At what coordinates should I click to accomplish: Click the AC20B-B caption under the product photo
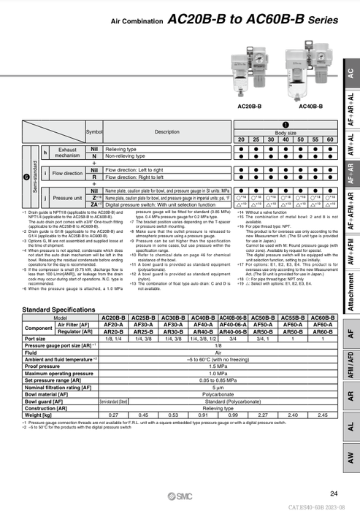(x=251, y=106)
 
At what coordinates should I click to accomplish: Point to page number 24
(x=334, y=494)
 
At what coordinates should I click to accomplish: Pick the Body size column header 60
(x=330, y=139)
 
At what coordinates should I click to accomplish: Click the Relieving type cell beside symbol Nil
(x=121, y=148)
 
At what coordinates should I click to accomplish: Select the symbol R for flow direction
(x=94, y=177)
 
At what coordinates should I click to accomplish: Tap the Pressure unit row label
(x=68, y=198)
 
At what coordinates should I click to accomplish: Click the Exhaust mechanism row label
(x=68, y=152)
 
